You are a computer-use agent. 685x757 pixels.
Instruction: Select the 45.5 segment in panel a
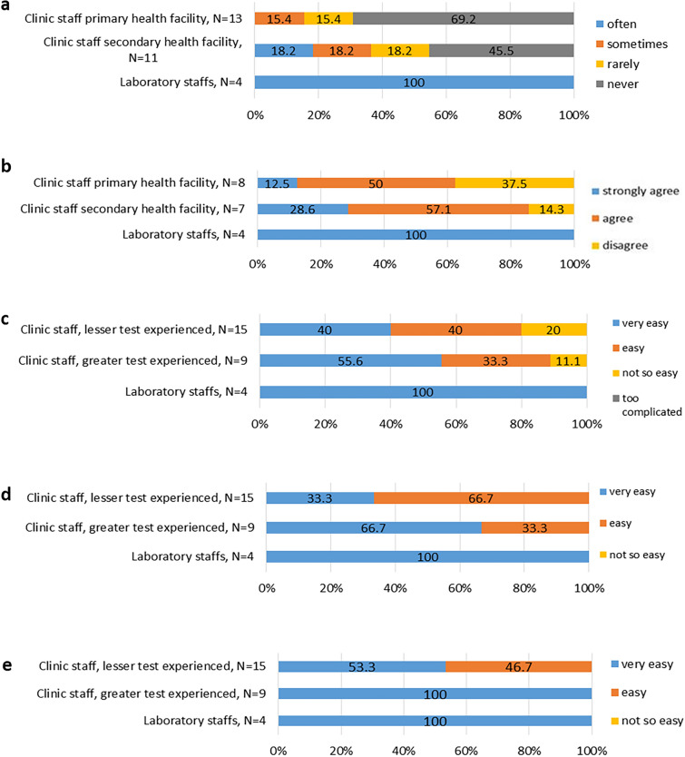point(501,51)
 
